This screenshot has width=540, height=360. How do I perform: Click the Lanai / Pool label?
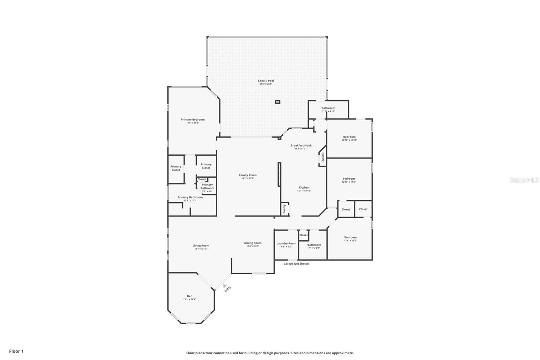266,81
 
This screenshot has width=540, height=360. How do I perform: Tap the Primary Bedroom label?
192,120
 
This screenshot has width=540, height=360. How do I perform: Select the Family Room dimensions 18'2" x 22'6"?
248,178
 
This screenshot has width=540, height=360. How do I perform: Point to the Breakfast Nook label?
301,146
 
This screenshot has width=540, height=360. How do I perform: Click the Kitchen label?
304,188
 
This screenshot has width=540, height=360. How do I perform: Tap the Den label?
190,296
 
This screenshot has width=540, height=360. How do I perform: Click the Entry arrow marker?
225,286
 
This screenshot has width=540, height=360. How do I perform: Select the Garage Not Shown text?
296,264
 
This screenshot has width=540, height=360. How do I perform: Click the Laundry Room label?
286,243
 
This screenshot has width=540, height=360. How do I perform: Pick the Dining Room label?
253,243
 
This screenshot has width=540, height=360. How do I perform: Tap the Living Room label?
201,246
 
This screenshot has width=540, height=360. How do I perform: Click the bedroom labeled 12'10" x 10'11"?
349,137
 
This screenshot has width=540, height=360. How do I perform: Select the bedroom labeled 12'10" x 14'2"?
349,179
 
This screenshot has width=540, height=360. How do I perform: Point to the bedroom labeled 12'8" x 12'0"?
350,237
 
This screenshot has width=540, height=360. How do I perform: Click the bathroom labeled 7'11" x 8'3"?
314,245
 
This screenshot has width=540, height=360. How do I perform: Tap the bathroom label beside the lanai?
328,108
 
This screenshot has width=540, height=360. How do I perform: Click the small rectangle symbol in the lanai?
277,102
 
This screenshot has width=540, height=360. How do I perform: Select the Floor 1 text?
16,351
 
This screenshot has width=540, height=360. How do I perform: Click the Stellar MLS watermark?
524,180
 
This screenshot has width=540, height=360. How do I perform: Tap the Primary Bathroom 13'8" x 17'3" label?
190,198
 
